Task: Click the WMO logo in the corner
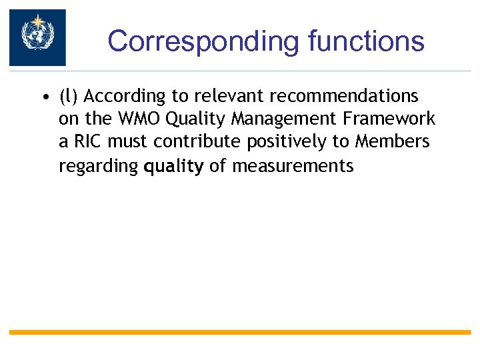(x=37, y=37)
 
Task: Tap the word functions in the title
(x=366, y=41)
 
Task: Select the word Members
(x=393, y=143)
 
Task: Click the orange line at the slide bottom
(x=240, y=332)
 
